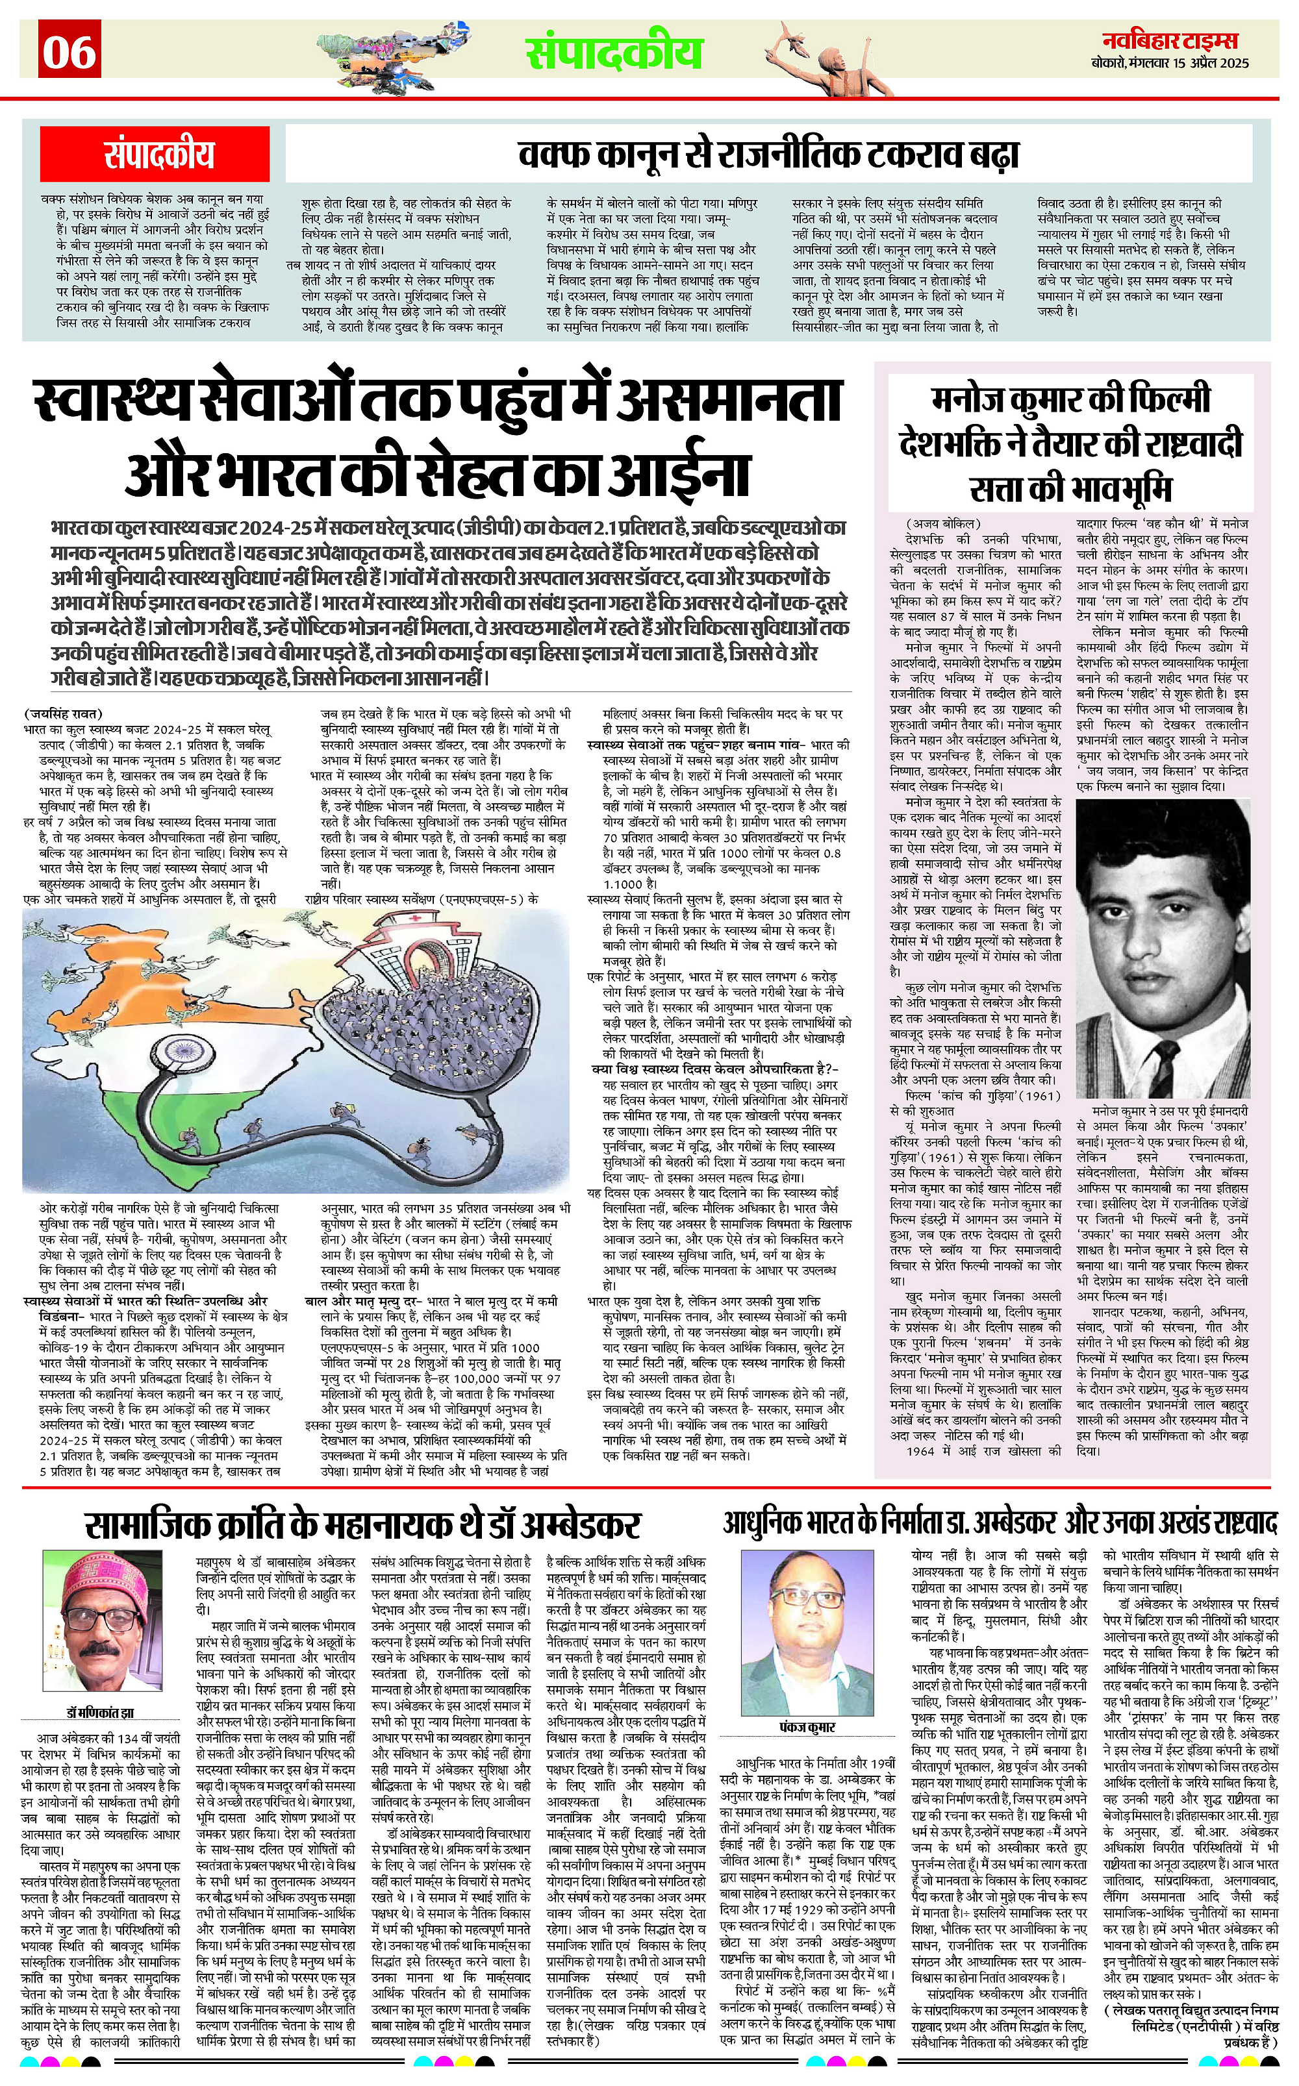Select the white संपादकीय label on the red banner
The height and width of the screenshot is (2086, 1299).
coord(159,154)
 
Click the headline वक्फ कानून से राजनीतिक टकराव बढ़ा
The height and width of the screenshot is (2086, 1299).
coord(769,155)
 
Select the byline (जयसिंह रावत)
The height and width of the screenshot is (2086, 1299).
coord(64,713)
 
